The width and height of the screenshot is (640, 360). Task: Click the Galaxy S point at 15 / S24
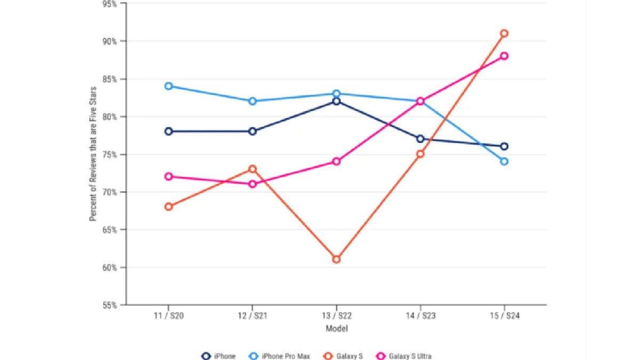[x=504, y=34]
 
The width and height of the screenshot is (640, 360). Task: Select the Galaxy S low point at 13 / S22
[x=337, y=259]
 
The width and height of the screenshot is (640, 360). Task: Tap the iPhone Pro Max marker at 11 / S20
[x=169, y=86]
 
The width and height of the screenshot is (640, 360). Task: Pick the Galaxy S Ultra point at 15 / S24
[x=504, y=56]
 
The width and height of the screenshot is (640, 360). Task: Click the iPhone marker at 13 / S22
[x=337, y=101]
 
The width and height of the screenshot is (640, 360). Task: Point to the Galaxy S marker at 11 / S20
[x=169, y=206]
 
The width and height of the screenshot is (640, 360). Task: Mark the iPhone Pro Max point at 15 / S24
[x=504, y=161]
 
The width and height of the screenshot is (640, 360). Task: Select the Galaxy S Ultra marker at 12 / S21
[x=253, y=184]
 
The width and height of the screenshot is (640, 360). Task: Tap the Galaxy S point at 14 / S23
[x=420, y=154]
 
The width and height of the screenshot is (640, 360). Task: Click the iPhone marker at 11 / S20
[x=169, y=131]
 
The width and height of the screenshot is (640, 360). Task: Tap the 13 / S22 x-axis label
[x=337, y=316]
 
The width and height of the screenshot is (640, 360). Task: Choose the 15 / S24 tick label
[x=504, y=316]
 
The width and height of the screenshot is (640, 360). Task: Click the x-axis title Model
[x=337, y=329]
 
